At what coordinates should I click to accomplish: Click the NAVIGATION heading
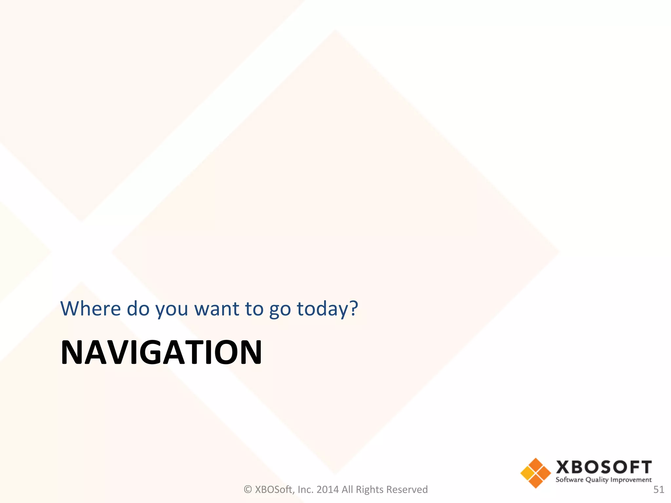[161, 352]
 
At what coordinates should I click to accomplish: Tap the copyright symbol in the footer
[248, 490]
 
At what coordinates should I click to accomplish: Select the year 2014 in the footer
[327, 490]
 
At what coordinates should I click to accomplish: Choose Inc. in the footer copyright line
[305, 490]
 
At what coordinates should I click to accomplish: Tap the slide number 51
[659, 490]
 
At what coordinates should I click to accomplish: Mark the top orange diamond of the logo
[536, 465]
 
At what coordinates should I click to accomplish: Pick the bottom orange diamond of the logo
[536, 481]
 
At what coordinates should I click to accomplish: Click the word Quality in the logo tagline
[597, 480]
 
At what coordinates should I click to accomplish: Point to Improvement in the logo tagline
[631, 480]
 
